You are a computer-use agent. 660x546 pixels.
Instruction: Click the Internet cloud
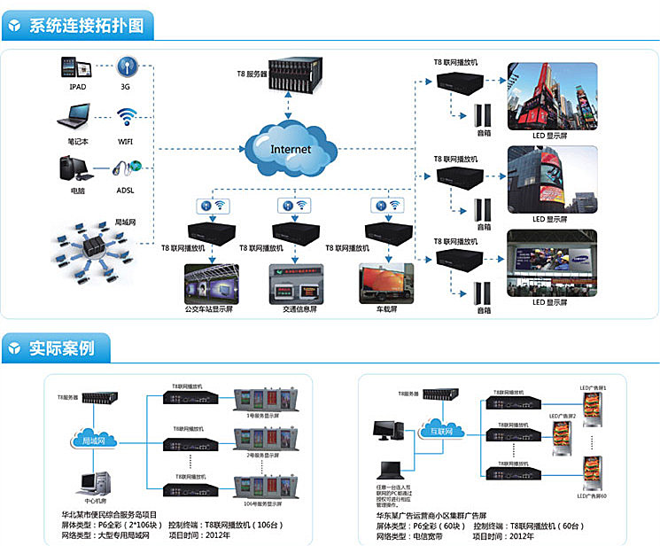(x=290, y=147)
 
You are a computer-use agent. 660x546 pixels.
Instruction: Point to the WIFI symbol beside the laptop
(x=126, y=117)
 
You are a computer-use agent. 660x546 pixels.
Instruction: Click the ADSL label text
(x=126, y=190)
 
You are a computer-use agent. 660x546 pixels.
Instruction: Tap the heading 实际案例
(x=62, y=347)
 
